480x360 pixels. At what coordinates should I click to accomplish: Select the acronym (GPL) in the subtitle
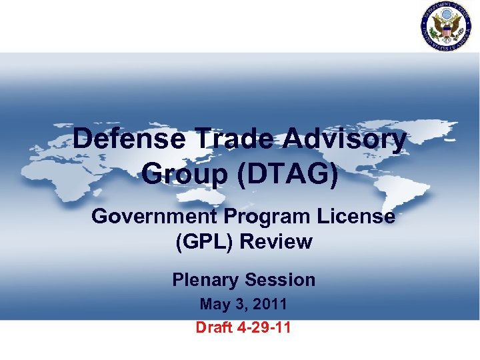203,241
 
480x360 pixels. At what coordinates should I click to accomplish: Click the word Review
275,241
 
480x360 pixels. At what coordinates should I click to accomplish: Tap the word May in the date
215,305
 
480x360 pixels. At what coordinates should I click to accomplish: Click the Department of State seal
445,26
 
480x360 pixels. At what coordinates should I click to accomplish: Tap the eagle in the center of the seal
445,26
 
